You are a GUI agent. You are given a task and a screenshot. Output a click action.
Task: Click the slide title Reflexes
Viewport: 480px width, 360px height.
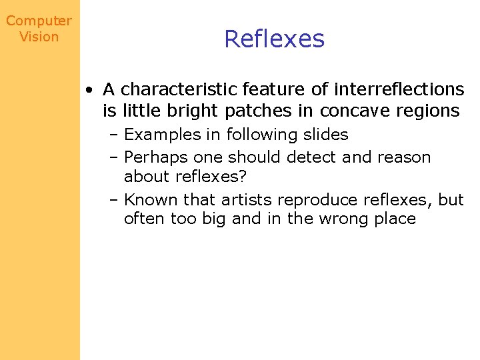coord(274,39)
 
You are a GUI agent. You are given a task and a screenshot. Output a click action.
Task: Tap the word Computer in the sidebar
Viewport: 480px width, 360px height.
coord(39,21)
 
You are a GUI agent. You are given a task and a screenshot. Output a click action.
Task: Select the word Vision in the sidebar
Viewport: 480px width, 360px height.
coord(39,37)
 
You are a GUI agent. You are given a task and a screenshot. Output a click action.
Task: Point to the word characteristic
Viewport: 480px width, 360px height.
coord(179,89)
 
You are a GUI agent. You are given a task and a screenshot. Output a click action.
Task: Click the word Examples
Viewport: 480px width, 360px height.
coord(163,135)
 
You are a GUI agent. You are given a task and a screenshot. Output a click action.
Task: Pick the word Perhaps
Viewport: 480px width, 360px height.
coord(157,157)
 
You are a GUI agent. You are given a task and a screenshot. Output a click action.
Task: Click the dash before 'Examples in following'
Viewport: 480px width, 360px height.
coord(115,135)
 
